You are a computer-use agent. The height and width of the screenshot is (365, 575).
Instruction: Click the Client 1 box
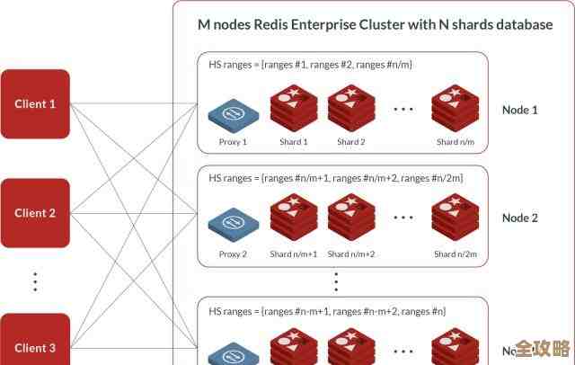pos(35,103)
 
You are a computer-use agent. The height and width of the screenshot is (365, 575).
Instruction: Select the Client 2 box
pos(35,213)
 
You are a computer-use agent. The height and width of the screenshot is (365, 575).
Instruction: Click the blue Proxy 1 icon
pos(233,114)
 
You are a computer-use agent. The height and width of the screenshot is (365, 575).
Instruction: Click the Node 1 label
pos(519,111)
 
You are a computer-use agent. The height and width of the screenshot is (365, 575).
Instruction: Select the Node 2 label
pos(519,218)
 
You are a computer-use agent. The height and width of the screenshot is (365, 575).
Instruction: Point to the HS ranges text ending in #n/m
pos(310,65)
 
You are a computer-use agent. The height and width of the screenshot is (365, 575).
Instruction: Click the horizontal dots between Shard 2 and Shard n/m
pos(402,109)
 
